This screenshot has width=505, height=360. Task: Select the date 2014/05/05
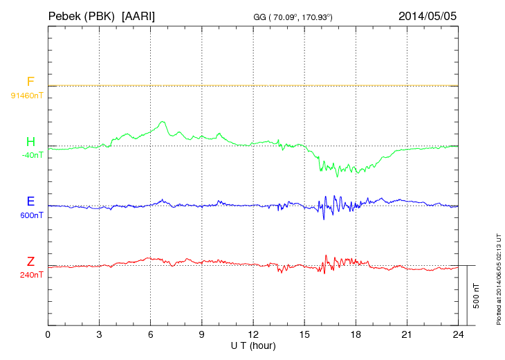coord(428,15)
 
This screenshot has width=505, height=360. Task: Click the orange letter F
coord(30,82)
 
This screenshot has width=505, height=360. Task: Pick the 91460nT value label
coord(26,95)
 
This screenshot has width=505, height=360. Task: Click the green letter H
coord(30,142)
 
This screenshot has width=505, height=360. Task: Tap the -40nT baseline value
coord(32,155)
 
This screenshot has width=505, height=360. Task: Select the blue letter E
coord(30,201)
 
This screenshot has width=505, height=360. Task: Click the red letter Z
coord(30,262)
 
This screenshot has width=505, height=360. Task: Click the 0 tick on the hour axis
coord(48,334)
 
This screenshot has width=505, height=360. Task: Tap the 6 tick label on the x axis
coord(150,334)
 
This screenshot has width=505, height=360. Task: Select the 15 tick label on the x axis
coord(304,334)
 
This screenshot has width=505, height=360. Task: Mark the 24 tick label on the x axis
coord(457,334)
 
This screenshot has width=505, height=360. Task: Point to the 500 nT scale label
coord(476,296)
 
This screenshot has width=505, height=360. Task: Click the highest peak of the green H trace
coord(163,122)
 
